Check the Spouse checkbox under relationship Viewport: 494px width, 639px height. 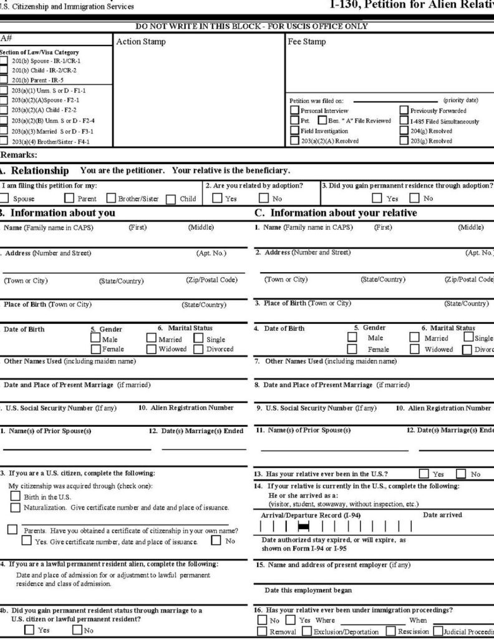pyautogui.click(x=4, y=199)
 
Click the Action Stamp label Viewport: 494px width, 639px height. pyautogui.click(x=142, y=42)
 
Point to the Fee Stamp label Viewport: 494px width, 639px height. pyautogui.click(x=307, y=42)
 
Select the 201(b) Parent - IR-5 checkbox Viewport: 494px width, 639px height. pyautogui.click(x=4, y=79)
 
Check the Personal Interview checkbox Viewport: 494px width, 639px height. pyautogui.click(x=294, y=110)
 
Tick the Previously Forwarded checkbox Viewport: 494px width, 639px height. pyautogui.click(x=404, y=110)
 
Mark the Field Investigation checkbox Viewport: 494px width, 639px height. pyautogui.click(x=294, y=131)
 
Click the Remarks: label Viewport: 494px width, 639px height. pyautogui.click(x=19, y=154)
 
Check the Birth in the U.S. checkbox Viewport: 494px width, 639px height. pyautogui.click(x=15, y=497)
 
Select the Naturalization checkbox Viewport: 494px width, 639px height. pyautogui.click(x=15, y=507)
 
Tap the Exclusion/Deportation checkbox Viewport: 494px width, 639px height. pyautogui.click(x=307, y=632)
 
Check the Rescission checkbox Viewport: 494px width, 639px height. pyautogui.click(x=390, y=632)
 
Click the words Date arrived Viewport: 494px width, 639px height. pyautogui.click(x=442, y=515)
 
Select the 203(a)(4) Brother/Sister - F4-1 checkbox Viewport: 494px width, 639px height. pyautogui.click(x=4, y=141)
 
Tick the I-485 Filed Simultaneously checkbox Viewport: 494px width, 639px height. pyautogui.click(x=404, y=120)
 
